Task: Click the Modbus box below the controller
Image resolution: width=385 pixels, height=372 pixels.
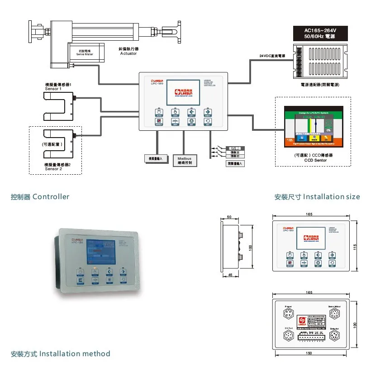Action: (185, 160)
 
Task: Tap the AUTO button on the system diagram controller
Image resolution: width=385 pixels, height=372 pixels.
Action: (159, 112)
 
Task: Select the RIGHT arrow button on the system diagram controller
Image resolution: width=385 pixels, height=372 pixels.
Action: (207, 112)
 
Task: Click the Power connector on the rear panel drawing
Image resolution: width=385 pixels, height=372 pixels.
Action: (288, 314)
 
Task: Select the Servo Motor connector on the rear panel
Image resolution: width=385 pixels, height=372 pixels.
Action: (333, 314)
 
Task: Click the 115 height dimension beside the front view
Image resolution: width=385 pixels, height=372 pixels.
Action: (355, 247)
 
